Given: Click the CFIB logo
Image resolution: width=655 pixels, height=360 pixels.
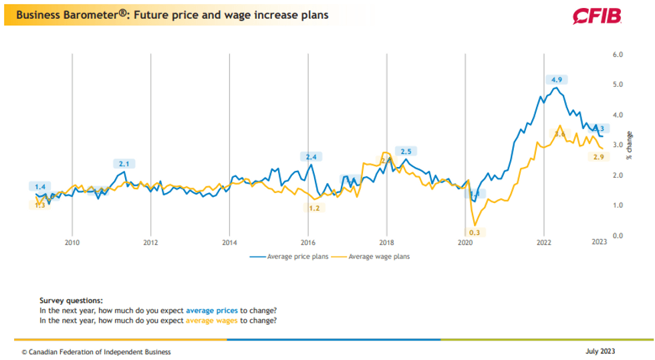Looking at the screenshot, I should (x=598, y=15).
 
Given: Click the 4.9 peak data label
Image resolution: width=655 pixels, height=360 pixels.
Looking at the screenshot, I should (x=555, y=79).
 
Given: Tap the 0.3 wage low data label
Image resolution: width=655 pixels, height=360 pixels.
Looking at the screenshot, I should (x=475, y=232).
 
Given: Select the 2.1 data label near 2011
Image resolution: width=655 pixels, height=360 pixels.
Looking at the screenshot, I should (x=124, y=163).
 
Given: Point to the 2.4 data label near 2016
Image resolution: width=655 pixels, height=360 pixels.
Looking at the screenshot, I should (x=311, y=157).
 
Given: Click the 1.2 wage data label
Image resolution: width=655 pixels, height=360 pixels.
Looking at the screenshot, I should (x=314, y=208).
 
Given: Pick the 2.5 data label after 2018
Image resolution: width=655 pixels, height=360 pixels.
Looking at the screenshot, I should (x=405, y=152).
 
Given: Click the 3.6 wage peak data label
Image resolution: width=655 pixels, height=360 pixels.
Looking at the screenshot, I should (x=560, y=135).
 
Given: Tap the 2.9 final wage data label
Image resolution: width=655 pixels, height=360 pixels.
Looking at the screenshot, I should (x=600, y=157).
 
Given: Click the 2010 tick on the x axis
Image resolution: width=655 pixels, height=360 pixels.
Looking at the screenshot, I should (x=72, y=243).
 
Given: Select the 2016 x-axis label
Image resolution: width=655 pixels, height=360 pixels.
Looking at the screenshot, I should (x=307, y=243).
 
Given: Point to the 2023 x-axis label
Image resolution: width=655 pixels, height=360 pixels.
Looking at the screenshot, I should (x=599, y=243).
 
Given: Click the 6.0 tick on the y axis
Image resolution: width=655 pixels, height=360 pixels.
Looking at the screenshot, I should (x=618, y=55).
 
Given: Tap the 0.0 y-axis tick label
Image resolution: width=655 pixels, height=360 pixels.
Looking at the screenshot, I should (x=618, y=236).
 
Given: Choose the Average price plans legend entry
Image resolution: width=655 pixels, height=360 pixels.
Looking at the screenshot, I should (x=291, y=256).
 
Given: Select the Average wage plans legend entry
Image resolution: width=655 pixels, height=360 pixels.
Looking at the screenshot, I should (x=374, y=256).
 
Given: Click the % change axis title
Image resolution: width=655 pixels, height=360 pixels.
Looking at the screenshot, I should (x=629, y=146).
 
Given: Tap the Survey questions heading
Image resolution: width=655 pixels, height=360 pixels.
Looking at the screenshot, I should (x=72, y=301).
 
